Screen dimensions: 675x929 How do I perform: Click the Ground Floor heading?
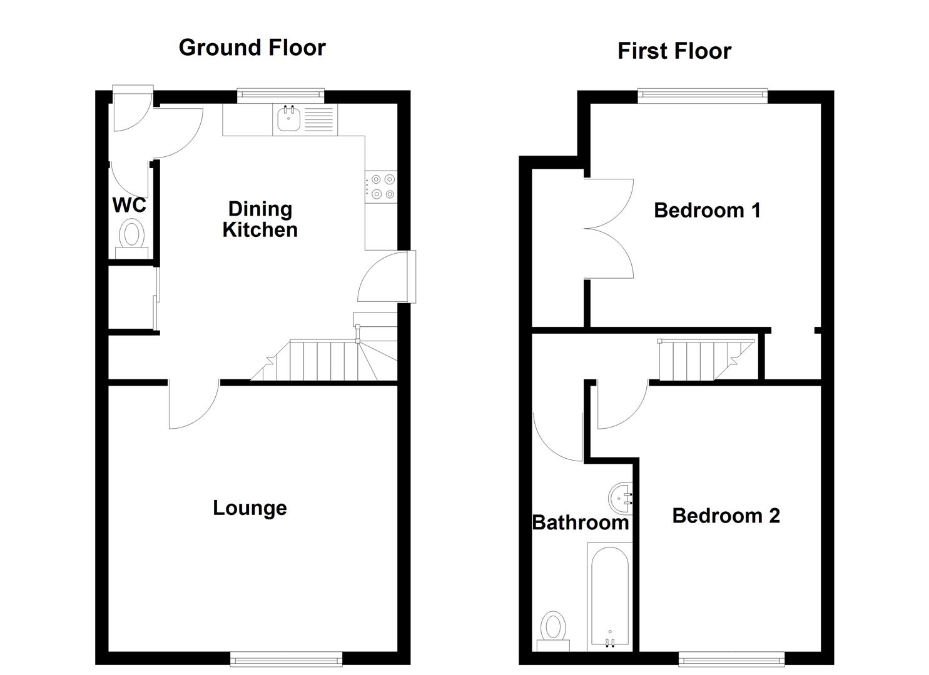(252, 47)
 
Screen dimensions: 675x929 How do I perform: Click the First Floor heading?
(674, 51)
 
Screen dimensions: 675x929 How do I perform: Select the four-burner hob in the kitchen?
(382, 186)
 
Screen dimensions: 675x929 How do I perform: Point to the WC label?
(129, 205)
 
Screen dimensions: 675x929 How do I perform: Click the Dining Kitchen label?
(260, 219)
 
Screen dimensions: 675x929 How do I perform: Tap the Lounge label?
(250, 507)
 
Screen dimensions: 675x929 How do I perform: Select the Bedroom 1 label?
(707, 210)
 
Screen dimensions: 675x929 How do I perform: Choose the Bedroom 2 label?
(726, 516)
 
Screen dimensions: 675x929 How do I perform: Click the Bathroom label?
(580, 522)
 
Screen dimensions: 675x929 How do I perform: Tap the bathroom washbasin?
(622, 497)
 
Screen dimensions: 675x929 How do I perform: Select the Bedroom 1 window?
(702, 94)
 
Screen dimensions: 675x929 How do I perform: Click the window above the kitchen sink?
(281, 94)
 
